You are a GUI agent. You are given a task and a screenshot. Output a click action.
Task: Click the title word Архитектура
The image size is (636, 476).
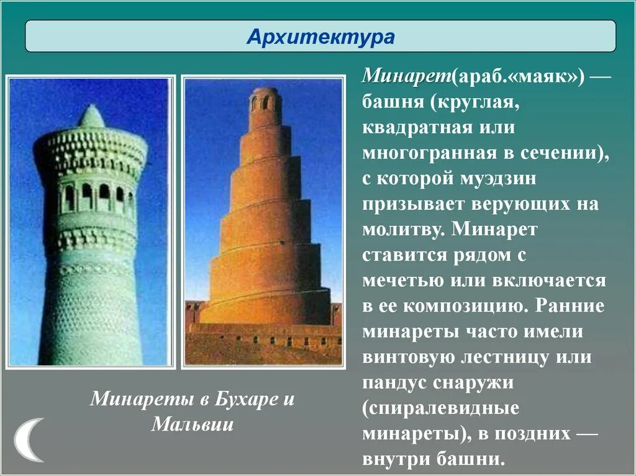click(320, 37)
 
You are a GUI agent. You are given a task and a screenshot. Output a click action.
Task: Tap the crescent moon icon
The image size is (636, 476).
click(27, 439)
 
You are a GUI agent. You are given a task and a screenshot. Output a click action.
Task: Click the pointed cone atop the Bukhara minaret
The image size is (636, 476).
click(91, 117)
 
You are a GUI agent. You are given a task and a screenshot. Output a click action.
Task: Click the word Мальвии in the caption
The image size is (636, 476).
click(192, 424)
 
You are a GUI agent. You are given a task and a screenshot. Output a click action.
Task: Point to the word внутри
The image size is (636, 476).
click(397, 460)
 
